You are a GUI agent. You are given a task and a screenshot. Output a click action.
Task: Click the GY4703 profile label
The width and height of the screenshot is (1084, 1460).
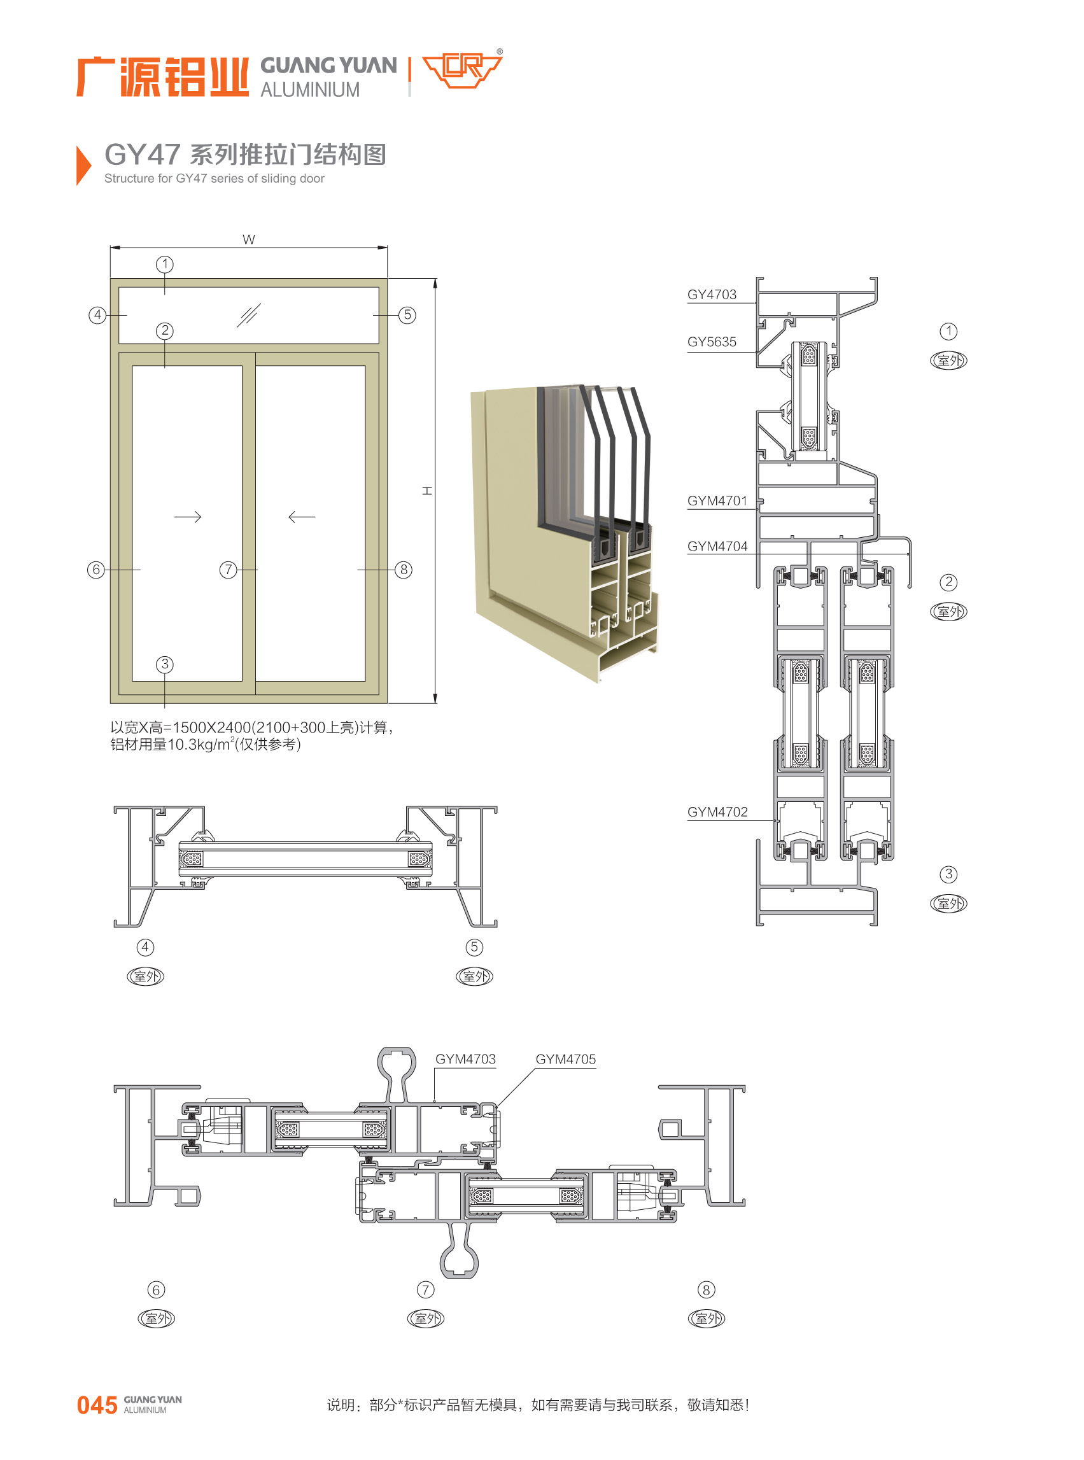tap(711, 295)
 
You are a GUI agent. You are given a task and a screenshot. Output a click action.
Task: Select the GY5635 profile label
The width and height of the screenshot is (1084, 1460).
tap(711, 342)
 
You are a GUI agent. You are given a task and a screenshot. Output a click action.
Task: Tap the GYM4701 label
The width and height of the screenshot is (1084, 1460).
tap(717, 501)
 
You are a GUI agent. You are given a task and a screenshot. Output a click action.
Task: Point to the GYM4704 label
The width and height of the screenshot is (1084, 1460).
tap(717, 546)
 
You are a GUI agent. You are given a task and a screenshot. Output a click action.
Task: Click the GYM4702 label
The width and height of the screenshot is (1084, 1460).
tap(717, 811)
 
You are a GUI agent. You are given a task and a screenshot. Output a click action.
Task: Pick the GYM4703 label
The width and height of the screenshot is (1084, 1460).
tap(465, 1059)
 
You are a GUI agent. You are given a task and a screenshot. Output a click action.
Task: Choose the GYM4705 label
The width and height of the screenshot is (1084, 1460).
tap(566, 1059)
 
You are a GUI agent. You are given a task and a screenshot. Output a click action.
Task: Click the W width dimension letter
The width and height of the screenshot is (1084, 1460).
tap(249, 239)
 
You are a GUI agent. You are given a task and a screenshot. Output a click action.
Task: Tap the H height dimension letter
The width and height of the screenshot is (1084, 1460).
tap(427, 491)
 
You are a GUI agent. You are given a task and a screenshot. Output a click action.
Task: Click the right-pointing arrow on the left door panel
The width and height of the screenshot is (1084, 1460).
tap(188, 517)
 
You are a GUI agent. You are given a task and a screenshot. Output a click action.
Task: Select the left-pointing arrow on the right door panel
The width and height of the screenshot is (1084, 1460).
tap(302, 517)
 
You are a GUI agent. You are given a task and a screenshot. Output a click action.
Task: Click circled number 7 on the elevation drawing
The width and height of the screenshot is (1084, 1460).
tap(228, 570)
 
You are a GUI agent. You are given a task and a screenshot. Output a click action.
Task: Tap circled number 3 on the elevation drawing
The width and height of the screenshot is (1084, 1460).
tap(165, 664)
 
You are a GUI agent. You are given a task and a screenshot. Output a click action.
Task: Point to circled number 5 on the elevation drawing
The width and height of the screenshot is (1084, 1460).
tap(407, 315)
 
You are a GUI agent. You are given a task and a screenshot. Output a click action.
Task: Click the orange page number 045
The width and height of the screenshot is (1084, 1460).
tap(97, 1405)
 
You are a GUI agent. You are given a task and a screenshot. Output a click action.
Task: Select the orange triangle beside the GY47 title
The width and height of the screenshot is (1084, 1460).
tap(84, 165)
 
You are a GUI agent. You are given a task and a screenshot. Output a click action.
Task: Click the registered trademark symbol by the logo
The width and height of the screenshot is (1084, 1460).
tap(500, 51)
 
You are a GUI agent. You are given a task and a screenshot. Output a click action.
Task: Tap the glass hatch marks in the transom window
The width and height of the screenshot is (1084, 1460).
tap(249, 315)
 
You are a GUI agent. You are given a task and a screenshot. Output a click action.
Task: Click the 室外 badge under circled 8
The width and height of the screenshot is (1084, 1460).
tap(706, 1318)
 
